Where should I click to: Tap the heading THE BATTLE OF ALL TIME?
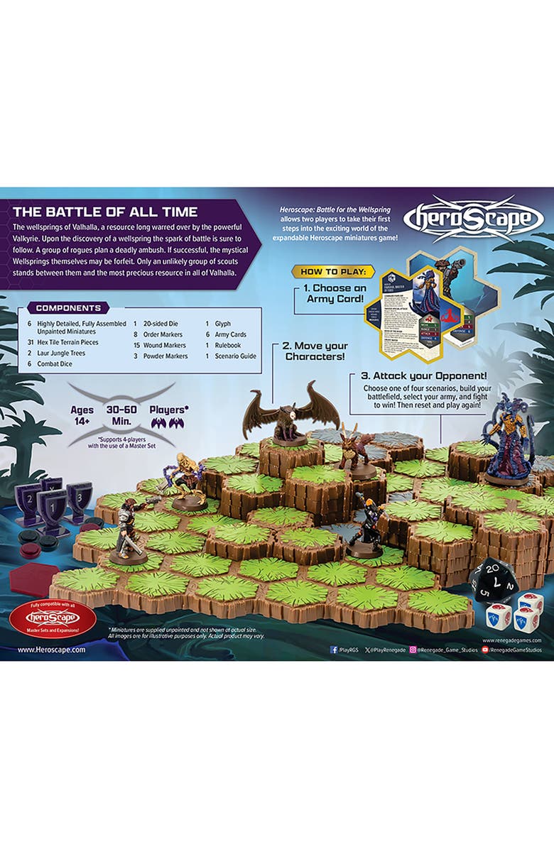point(105,212)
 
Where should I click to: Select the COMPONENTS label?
point(67,308)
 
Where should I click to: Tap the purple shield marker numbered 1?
point(52,505)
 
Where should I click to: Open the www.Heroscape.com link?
point(51,649)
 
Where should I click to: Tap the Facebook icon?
point(334,650)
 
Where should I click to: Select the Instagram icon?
point(413,650)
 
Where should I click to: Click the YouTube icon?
point(485,650)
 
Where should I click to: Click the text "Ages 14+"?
point(82,415)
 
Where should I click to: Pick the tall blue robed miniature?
point(510,440)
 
